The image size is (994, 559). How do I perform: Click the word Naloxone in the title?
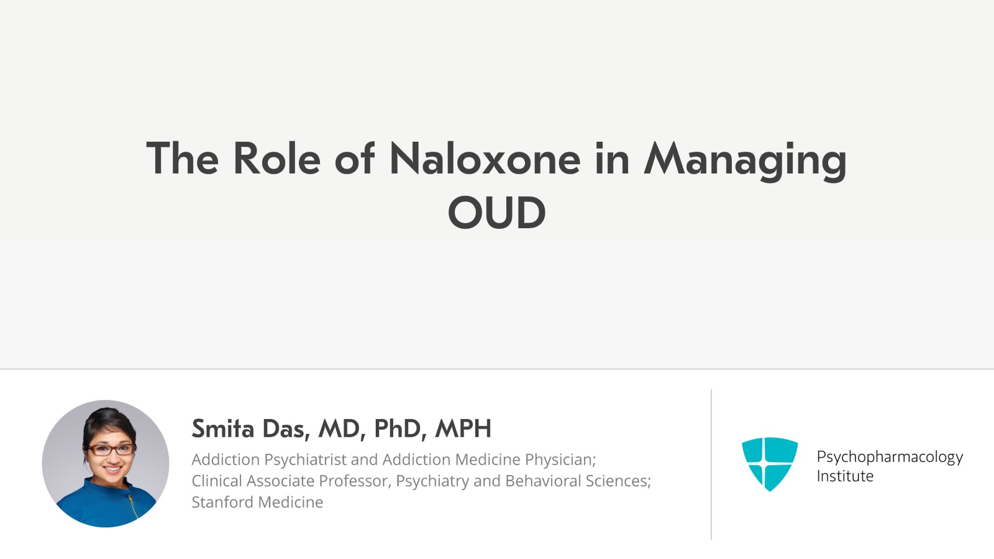485,159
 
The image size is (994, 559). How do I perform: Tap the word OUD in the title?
496,213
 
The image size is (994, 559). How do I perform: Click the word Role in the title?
276,159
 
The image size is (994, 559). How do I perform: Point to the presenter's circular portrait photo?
106,463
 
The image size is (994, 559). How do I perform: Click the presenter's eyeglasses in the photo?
110,449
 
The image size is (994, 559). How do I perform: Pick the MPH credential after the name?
463,428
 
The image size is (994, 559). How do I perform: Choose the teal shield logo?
769,463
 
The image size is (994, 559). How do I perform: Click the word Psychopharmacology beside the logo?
889,457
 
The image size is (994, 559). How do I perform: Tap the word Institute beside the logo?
844,476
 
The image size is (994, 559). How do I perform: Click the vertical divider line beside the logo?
711,464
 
